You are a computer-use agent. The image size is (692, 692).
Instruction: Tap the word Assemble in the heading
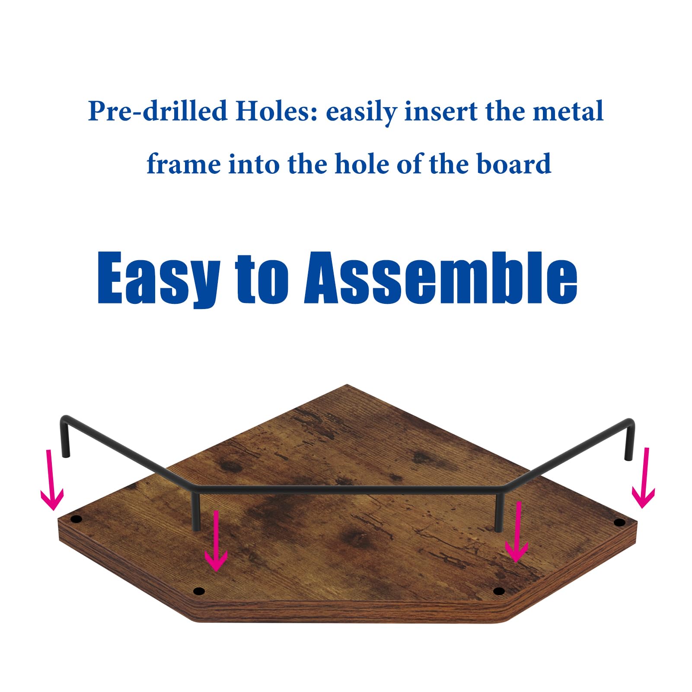tap(441, 277)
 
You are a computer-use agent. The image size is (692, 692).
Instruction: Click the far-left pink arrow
tap(51, 480)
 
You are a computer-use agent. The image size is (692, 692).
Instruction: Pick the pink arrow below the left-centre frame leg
tap(216, 540)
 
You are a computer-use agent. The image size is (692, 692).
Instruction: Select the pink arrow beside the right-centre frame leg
tap(517, 532)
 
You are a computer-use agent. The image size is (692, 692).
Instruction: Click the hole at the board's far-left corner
tap(76, 519)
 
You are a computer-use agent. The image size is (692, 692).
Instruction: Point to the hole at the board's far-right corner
tap(619, 523)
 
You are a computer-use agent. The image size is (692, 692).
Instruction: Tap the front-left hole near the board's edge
tap(198, 591)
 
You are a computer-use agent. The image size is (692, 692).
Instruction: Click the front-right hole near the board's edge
tap(499, 591)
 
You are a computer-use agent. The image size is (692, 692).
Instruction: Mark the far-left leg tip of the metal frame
tap(66, 455)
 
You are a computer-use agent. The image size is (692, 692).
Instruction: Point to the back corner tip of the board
tap(347, 385)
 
